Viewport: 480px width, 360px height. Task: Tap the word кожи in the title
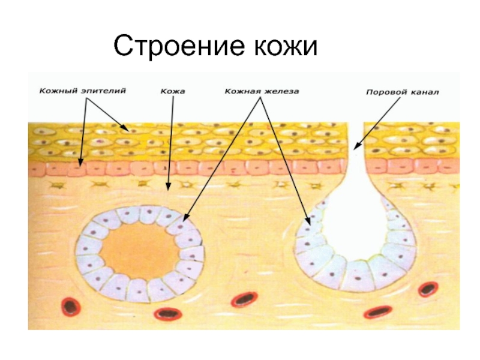click(282, 46)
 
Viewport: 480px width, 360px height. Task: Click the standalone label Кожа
click(173, 92)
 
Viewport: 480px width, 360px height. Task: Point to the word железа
click(281, 92)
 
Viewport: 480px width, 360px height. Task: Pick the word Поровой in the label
click(385, 93)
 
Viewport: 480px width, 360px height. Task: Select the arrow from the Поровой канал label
click(378, 123)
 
